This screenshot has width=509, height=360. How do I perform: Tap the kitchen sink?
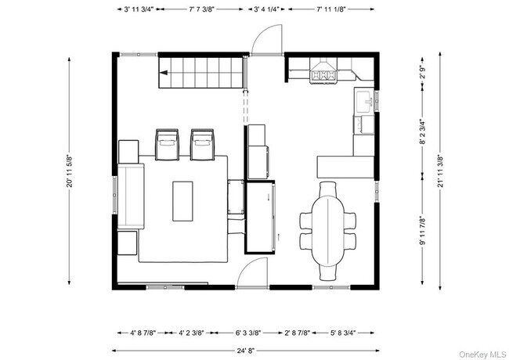point(364,101)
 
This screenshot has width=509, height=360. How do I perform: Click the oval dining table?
point(327,228)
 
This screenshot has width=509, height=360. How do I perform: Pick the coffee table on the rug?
point(182,200)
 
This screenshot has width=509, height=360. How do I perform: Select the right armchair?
point(203,145)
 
